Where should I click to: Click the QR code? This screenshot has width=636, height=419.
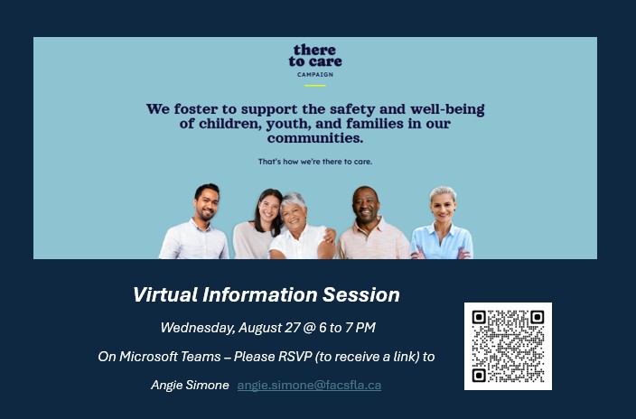[x=508, y=346]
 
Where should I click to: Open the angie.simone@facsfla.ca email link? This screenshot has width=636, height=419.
[x=309, y=385]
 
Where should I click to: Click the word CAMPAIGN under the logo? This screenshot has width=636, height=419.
[x=315, y=75]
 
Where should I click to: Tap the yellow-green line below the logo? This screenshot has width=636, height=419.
[x=315, y=86]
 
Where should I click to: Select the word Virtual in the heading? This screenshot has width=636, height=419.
[x=165, y=294]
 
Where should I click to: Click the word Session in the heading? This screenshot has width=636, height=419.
[x=361, y=294]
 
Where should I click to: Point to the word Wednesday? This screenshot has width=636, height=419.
[x=198, y=328]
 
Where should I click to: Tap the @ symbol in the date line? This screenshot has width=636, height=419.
[x=309, y=328]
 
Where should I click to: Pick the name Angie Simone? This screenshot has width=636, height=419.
[x=190, y=385]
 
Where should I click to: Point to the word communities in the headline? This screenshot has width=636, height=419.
[x=315, y=138]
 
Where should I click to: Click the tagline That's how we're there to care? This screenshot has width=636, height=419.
[x=315, y=162]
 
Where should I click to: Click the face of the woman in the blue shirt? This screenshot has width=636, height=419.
[x=444, y=207]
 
